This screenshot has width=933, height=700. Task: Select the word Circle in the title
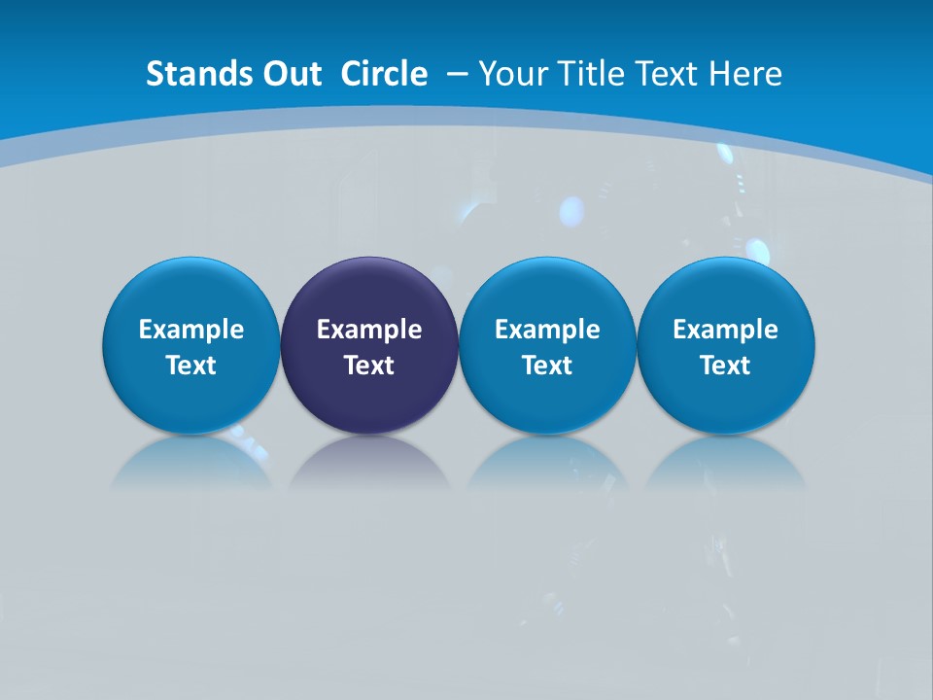coord(384,74)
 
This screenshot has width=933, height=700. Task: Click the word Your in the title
coord(510,74)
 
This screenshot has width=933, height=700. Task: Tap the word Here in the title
coord(744,74)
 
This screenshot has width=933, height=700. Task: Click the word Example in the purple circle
coord(369,330)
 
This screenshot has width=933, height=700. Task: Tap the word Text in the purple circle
coord(369,366)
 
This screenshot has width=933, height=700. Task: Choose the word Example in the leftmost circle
coord(191,330)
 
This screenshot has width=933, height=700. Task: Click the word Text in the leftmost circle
coord(191,366)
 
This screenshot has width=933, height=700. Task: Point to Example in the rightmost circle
coord(725,330)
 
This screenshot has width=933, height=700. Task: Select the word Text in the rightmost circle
coord(725,366)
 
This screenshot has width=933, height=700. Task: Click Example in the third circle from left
coord(547,330)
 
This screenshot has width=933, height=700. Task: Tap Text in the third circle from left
coord(547,366)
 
